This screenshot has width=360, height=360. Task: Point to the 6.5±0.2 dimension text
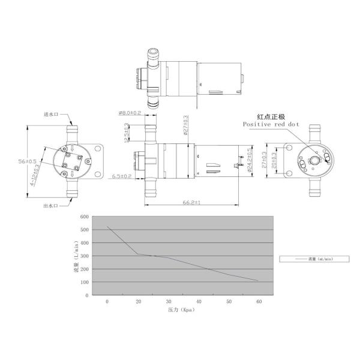point(122,176)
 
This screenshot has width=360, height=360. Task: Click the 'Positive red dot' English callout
point(270,124)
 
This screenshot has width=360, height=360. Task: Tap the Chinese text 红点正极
point(270,116)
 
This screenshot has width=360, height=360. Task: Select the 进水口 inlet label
point(50,114)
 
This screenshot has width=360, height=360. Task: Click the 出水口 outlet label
point(50,206)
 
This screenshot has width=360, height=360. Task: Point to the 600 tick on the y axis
point(85,217)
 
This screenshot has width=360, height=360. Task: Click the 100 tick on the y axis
point(85,282)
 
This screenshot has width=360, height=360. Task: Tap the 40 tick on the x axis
point(199,301)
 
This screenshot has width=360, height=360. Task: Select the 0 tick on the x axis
point(107,301)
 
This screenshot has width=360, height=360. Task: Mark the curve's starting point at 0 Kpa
point(107,227)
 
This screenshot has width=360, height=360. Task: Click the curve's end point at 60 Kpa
point(258,281)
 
